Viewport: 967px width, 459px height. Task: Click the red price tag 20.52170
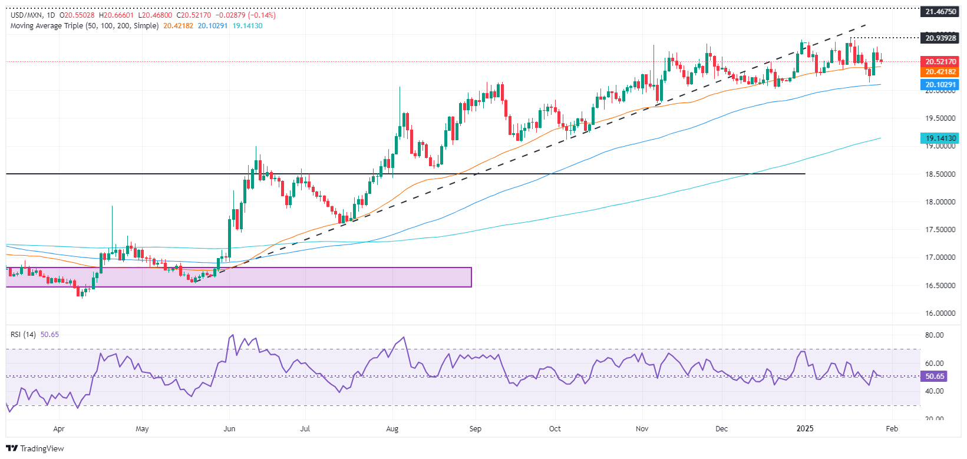click(940, 61)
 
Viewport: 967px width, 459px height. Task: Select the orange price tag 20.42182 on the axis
click(940, 72)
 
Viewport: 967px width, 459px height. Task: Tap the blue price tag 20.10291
click(940, 85)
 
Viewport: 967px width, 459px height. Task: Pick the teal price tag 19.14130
click(940, 138)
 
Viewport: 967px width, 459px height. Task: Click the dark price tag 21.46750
click(940, 12)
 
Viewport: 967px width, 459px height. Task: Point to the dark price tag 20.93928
click(940, 38)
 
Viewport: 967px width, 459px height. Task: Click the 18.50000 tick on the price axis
click(940, 174)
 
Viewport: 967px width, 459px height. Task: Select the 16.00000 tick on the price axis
click(940, 313)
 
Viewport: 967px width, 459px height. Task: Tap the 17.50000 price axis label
click(940, 230)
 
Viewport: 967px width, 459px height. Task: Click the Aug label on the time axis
click(392, 429)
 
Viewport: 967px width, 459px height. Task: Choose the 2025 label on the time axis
click(805, 429)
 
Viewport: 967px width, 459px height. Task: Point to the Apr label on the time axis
click(59, 429)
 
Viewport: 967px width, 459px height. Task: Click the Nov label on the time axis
click(642, 429)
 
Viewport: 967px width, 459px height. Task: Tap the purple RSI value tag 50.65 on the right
click(935, 377)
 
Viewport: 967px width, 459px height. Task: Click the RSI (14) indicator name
click(23, 335)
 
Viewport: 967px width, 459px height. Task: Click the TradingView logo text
click(41, 448)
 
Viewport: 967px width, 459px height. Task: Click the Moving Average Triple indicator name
click(84, 26)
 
